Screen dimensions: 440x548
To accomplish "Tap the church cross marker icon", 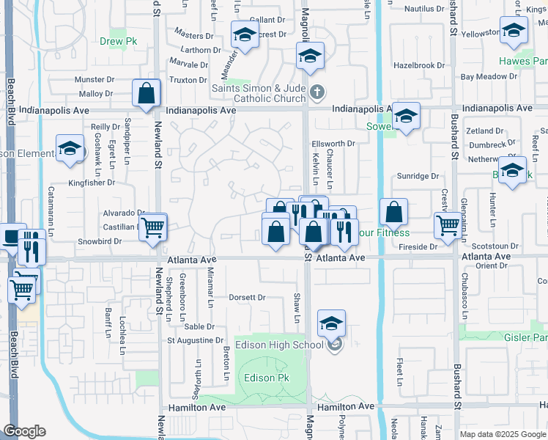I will tap(316, 92).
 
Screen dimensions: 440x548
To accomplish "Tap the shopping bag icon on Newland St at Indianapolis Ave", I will tap(147, 94).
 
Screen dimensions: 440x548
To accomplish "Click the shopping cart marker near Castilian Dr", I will tap(153, 227).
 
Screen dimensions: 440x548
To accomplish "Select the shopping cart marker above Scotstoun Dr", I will tap(448, 226).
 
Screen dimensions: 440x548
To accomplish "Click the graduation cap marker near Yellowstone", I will tap(514, 31).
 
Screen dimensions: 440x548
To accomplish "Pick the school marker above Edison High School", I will tap(331, 323).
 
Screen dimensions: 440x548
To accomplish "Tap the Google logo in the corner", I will tap(24, 431).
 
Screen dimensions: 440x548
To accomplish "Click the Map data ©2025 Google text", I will tap(503, 434).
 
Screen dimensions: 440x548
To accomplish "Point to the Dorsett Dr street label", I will tap(246, 298).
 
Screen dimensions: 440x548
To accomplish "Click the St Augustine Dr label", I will tap(195, 340).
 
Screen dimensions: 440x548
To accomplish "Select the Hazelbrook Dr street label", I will tap(419, 65).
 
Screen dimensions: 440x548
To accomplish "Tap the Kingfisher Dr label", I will tap(94, 183).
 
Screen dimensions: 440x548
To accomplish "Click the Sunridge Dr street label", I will tap(418, 176).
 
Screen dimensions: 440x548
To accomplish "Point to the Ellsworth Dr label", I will tap(333, 144).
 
